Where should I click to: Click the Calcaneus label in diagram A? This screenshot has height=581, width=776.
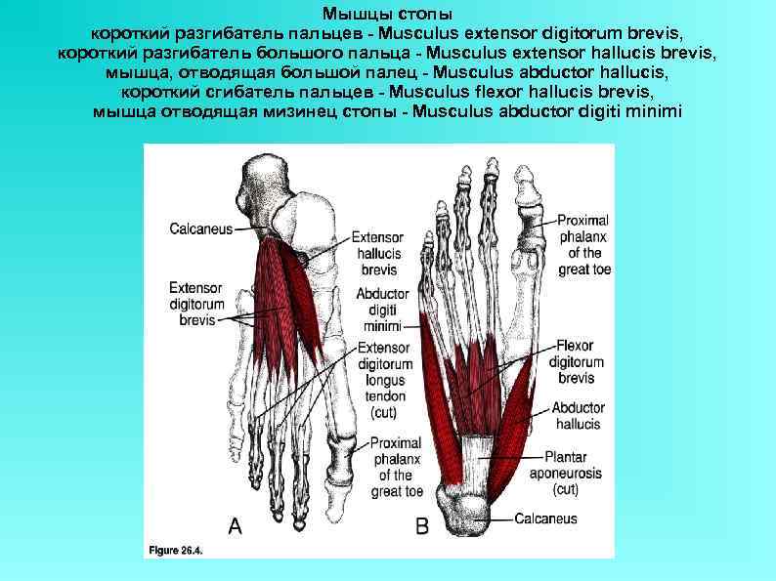point(200,229)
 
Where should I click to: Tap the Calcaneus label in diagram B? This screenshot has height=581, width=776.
point(545,519)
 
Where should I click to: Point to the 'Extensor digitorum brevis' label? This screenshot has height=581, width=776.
point(195,304)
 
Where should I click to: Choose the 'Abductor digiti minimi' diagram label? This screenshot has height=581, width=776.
point(381,310)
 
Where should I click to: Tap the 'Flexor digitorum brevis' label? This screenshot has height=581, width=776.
point(577,361)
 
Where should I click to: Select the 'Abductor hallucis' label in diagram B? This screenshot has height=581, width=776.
point(578,416)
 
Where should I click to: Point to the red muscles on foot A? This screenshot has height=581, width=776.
point(288,303)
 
